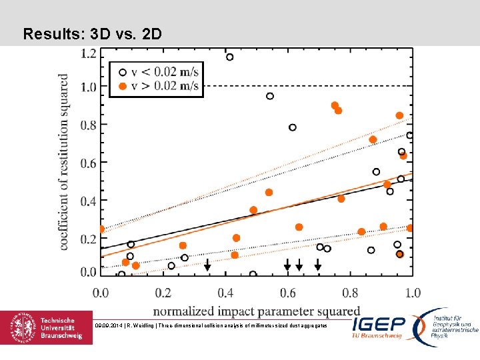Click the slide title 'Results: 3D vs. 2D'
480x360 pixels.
(92, 33)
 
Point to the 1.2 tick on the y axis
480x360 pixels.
(88, 53)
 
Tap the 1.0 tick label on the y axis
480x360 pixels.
(88, 87)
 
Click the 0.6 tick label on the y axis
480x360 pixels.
(88, 163)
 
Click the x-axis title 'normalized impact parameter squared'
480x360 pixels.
(257, 311)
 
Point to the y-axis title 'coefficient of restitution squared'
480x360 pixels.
(64, 161)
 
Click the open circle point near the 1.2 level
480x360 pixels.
(230, 57)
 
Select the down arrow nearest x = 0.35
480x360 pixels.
(207, 265)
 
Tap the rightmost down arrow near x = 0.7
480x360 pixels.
(318, 265)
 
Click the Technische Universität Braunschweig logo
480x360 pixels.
(47, 328)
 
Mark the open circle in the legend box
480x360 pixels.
(122, 72)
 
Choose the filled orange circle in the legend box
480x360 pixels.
(122, 85)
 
